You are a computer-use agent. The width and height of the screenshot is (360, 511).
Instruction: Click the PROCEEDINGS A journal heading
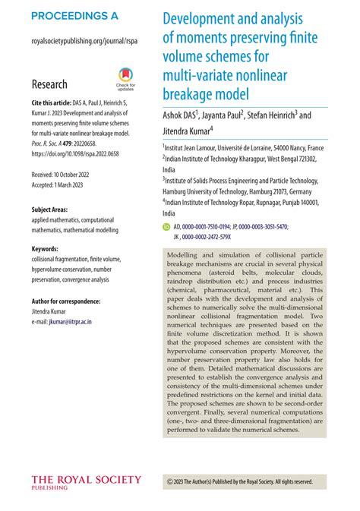[x=75, y=16]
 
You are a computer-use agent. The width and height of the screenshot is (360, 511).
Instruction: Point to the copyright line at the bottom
[x=239, y=481]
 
